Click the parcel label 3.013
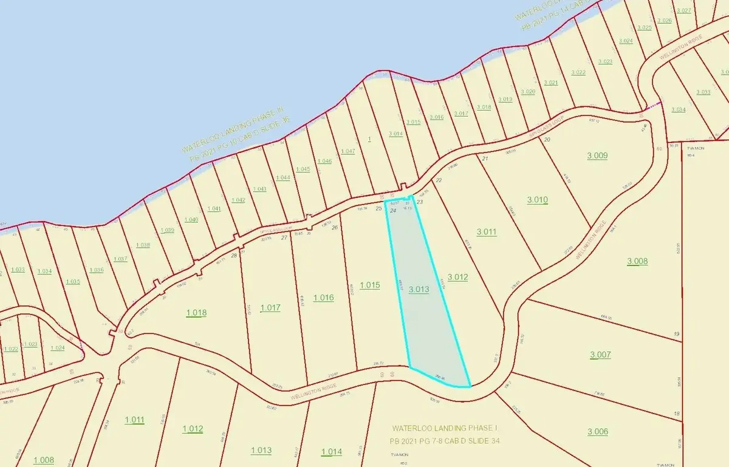(419, 290)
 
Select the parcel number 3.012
(457, 278)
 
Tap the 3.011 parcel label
(487, 231)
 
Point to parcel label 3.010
(538, 200)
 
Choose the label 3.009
(597, 155)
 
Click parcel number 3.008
(637, 261)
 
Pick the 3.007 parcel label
(600, 355)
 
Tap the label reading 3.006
(598, 431)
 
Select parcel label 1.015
(369, 285)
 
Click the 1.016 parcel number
(323, 297)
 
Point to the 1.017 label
(270, 308)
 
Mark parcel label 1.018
(196, 313)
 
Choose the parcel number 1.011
(134, 420)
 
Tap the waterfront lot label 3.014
(395, 133)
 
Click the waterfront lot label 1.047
(348, 151)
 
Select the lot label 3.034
(678, 110)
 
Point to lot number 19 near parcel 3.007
(676, 335)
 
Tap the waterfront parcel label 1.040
(191, 219)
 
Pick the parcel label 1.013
(261, 450)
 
